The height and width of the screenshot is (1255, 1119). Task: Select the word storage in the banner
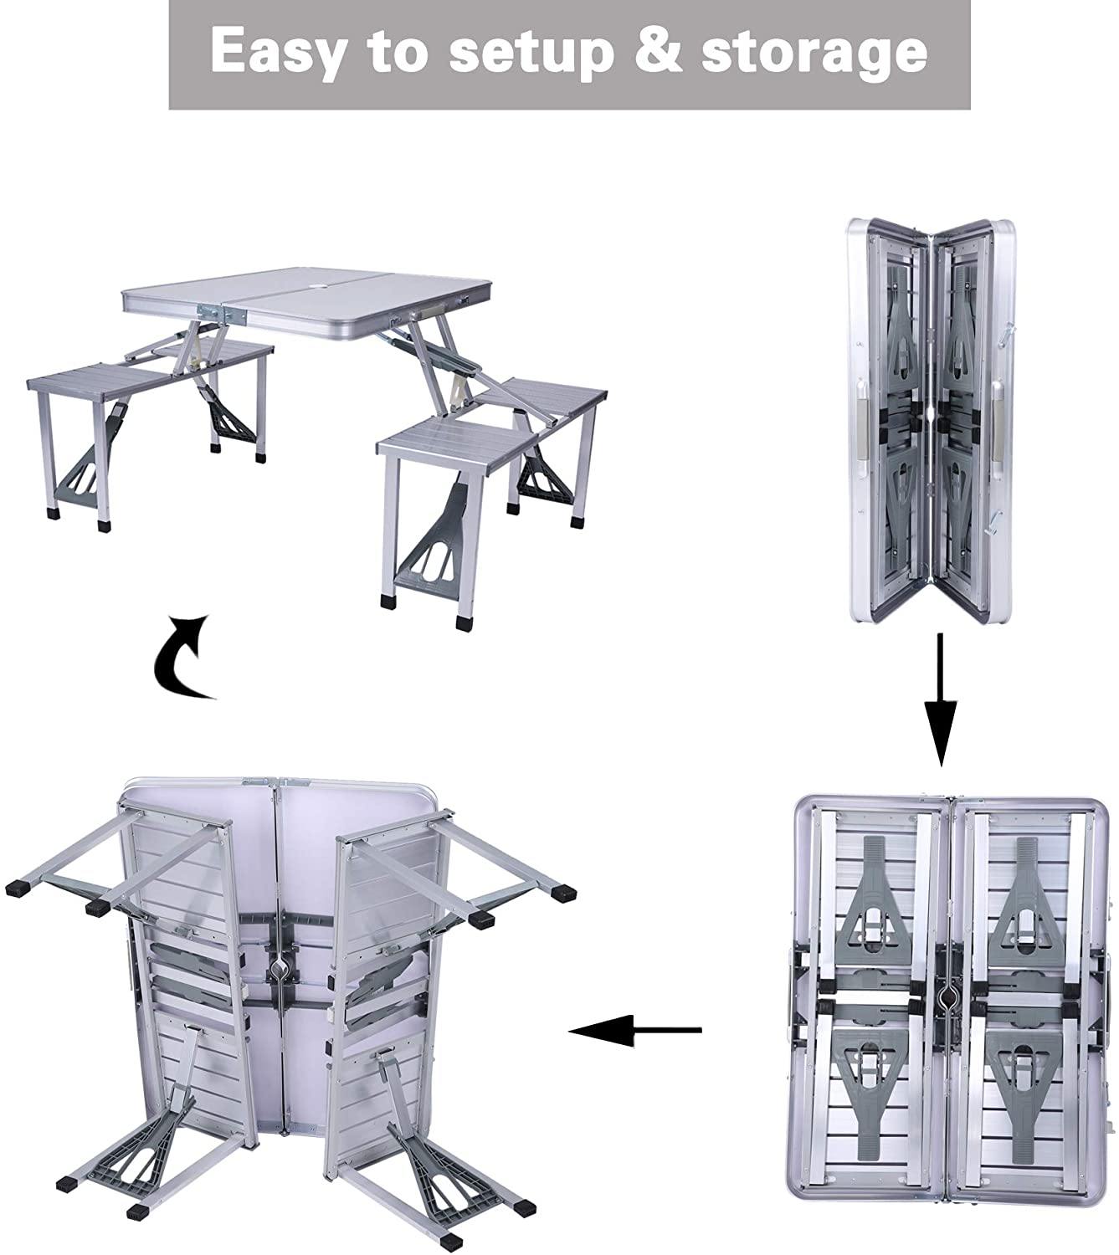(814, 53)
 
